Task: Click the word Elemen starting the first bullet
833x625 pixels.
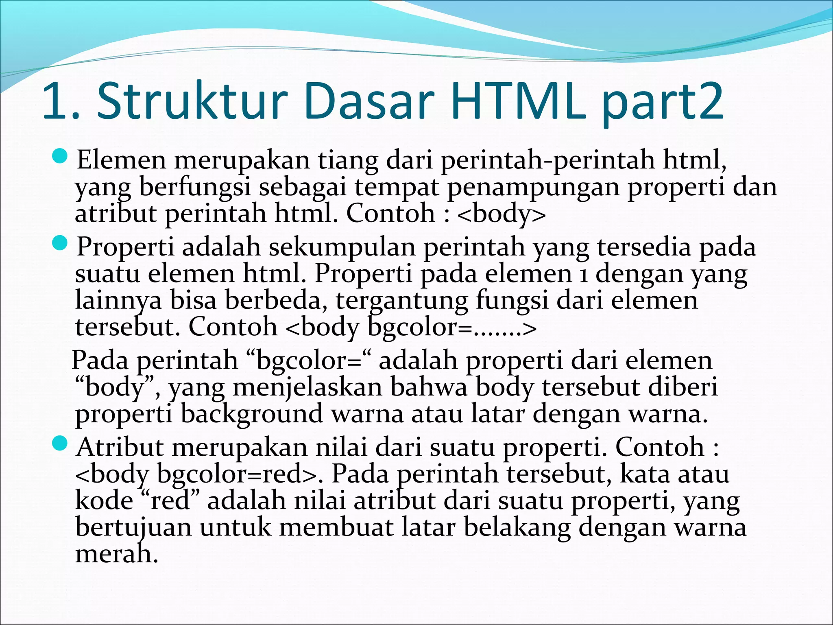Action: point(121,160)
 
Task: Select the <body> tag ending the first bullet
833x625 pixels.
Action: point(501,214)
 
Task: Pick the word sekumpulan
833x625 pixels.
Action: point(342,247)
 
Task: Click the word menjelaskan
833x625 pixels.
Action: point(307,388)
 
